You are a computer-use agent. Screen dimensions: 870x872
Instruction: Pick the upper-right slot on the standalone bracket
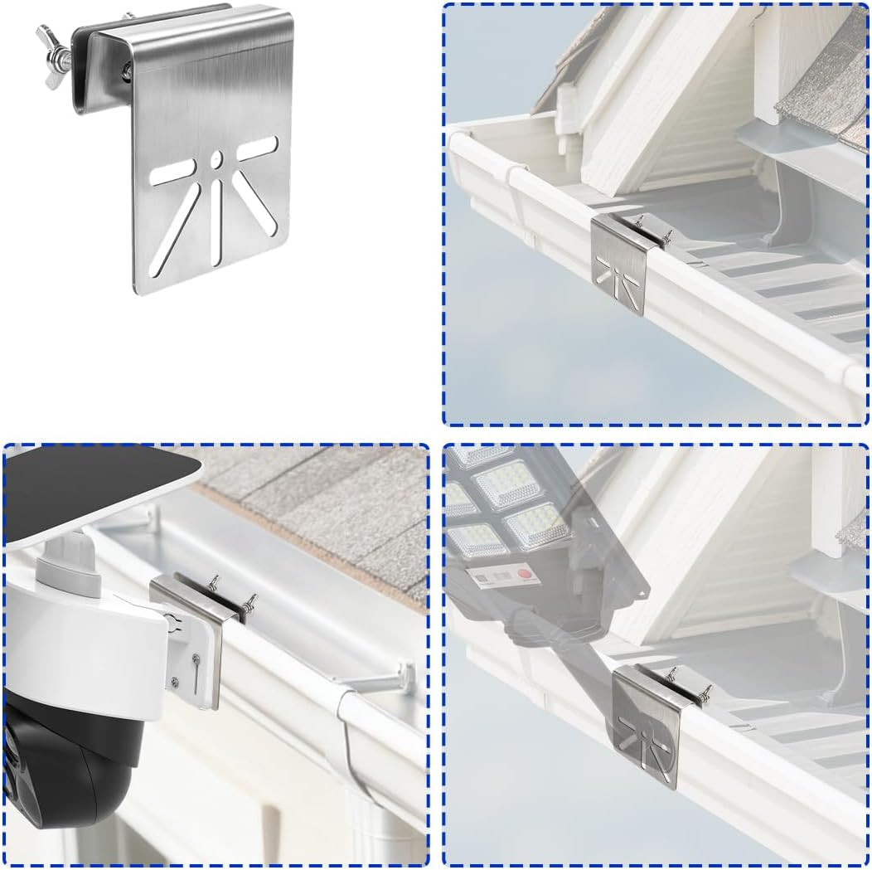(x=258, y=149)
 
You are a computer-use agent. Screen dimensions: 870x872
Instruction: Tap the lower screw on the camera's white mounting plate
(x=175, y=683)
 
